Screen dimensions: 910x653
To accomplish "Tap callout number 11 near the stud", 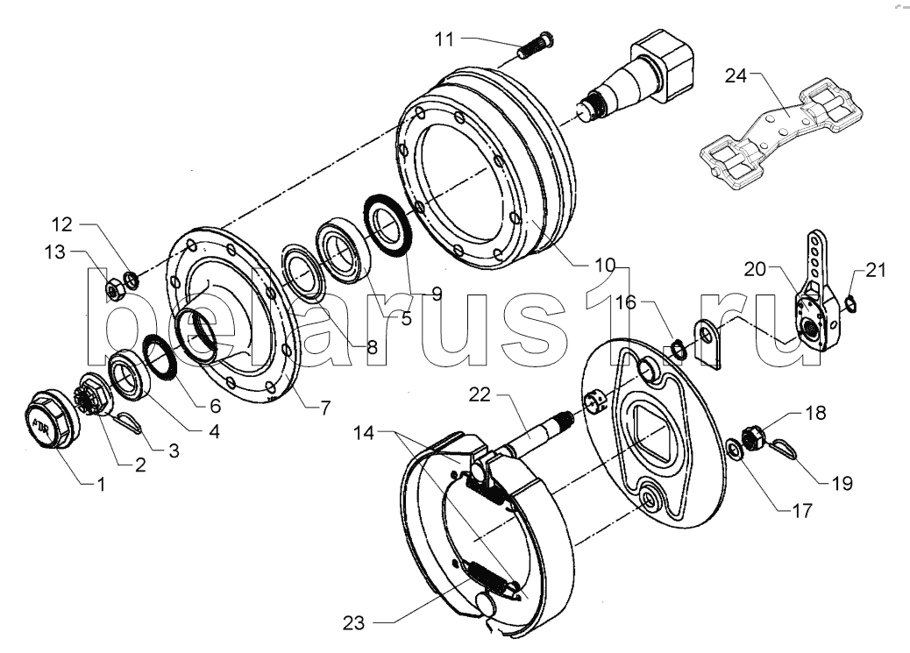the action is pos(444,39).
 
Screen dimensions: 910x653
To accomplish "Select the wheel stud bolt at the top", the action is pos(535,45).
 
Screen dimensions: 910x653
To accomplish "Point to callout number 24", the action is pos(736,75).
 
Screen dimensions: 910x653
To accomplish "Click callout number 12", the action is pos(62,224).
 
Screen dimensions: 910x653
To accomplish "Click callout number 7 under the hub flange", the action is pos(325,408).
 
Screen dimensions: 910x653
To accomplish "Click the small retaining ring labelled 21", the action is pos(850,303).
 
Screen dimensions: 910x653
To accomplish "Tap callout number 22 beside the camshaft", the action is pos(480,394).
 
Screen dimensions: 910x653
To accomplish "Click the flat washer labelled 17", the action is pos(734,451).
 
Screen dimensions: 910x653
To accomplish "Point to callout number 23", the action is pos(353,623).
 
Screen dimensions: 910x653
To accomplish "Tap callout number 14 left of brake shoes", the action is pos(365,433).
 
